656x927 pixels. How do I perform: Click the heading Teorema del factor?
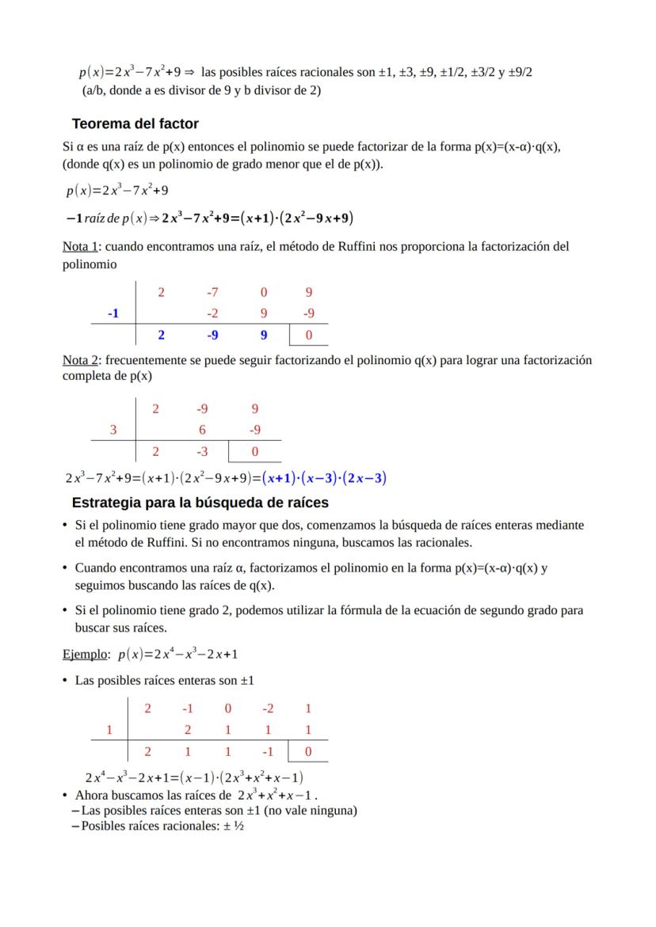coord(135,123)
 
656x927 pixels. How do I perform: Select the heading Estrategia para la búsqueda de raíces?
coord(200,503)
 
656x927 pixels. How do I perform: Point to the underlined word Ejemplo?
coord(86,655)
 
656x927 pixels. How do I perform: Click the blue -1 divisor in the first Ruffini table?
coord(113,313)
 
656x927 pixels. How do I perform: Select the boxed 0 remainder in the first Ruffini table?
coord(309,335)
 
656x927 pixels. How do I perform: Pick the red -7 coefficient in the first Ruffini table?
coord(212,292)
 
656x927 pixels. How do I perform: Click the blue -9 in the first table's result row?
coord(212,335)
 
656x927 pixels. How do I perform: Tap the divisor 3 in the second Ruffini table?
coord(113,430)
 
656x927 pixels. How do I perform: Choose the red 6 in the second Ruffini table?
coord(203,430)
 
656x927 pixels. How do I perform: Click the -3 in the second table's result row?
coord(203,451)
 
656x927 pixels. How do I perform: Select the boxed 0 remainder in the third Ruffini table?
coord(308,751)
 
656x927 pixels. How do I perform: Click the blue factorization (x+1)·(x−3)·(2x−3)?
coord(325,477)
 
